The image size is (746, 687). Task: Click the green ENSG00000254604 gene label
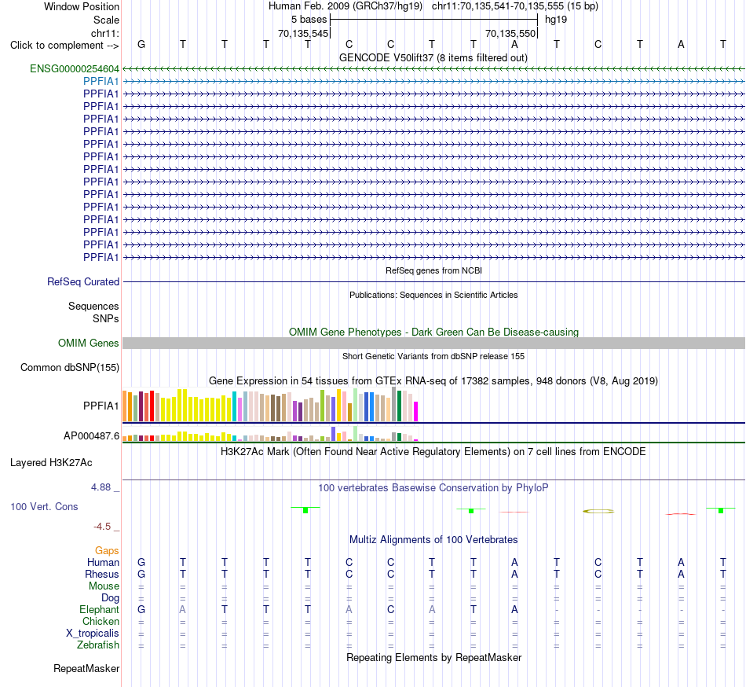click(75, 69)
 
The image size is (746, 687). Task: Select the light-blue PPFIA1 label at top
click(101, 82)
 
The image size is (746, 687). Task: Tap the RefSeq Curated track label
click(83, 282)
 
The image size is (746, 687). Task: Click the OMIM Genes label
click(89, 343)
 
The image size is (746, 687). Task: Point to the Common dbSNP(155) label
click(70, 368)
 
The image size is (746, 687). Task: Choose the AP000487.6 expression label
click(91, 435)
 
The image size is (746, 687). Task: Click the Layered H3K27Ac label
click(51, 463)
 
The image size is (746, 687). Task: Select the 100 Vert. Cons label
click(44, 506)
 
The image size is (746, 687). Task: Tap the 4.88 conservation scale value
click(101, 487)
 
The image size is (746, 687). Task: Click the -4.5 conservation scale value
click(102, 527)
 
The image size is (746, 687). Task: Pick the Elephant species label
click(100, 610)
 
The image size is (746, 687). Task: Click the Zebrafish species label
click(98, 645)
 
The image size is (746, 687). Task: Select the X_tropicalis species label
click(93, 634)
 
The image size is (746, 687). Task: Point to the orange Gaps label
click(107, 551)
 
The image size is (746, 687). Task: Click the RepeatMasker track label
click(86, 668)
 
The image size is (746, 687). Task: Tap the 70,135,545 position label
click(303, 34)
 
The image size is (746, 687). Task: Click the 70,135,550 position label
click(510, 34)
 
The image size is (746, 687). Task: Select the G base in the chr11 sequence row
click(141, 44)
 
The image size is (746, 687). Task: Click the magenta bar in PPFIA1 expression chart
click(416, 412)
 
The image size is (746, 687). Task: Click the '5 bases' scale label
click(309, 20)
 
